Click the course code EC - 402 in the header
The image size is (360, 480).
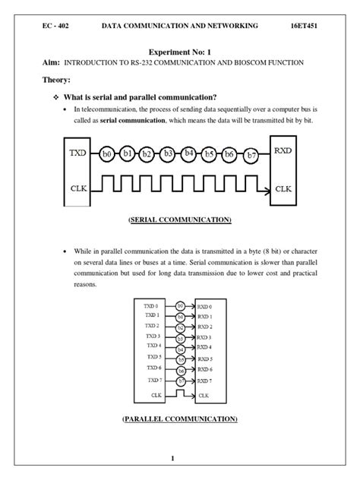pos(57,25)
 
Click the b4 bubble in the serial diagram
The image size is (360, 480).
pos(189,153)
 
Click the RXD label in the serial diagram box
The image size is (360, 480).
pos(284,152)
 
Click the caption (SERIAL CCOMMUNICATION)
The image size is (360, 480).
pos(179,220)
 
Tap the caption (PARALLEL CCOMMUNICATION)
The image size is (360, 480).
pos(179,418)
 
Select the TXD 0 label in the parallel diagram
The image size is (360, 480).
pos(151,305)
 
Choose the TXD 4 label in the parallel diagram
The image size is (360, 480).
pos(151,346)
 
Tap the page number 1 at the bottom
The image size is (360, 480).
pos(173,458)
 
